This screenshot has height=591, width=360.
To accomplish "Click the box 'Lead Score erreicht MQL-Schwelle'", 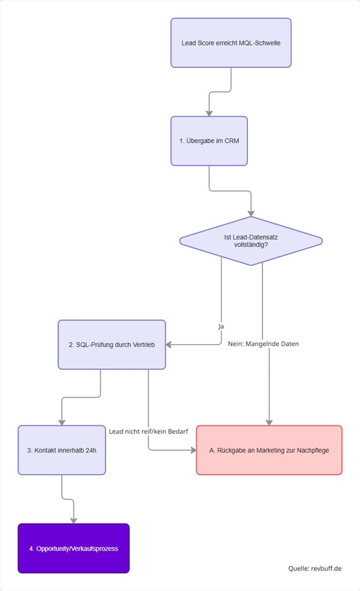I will tap(231, 43).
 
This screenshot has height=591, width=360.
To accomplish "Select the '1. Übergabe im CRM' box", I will tap(209, 140).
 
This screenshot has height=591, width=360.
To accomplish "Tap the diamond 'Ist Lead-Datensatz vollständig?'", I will tap(251, 241).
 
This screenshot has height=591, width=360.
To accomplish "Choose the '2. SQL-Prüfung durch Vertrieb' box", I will tap(111, 344).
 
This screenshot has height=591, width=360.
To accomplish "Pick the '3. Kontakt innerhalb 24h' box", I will tap(61, 450).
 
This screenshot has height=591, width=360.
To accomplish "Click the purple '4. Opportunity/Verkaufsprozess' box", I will tap(73, 548).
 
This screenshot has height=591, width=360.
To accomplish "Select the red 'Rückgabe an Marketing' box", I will tap(269, 450).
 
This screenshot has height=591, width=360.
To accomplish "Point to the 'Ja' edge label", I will tap(222, 326).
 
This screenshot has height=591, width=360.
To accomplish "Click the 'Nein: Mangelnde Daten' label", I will tap(262, 344).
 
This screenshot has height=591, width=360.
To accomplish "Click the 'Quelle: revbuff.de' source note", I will tap(315, 568).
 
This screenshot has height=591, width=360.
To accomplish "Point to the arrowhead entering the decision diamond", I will tap(251, 212).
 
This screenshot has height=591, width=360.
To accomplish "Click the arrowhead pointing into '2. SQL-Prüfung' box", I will tap(169, 344).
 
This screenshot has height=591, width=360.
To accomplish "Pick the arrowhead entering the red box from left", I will tap(193, 450).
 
